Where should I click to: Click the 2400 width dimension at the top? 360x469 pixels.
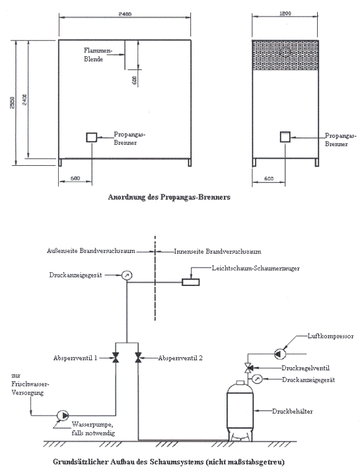(125, 14)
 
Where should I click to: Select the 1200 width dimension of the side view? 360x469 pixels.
(285, 13)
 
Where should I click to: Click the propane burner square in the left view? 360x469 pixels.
(92, 137)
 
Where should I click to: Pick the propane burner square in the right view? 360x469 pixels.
(285, 137)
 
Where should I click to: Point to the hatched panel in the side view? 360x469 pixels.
(285, 55)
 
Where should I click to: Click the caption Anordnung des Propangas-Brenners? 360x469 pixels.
(169, 197)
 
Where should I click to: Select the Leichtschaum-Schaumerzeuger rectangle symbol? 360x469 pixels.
(190, 282)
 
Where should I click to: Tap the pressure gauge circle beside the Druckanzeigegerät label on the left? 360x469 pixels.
(127, 275)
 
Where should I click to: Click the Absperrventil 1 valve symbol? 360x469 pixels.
(115, 358)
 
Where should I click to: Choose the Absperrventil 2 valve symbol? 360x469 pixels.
(138, 358)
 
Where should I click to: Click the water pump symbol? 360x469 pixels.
(63, 415)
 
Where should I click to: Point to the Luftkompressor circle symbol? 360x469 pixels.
(280, 354)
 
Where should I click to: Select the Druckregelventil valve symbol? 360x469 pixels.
(248, 367)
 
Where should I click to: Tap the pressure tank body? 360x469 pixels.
(240, 412)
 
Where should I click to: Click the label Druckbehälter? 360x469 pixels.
(293, 412)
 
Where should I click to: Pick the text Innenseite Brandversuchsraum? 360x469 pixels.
(218, 251)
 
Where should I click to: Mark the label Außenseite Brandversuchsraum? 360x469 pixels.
(91, 250)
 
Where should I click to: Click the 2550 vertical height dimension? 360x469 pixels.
(13, 102)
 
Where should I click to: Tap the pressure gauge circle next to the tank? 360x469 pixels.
(257, 379)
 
